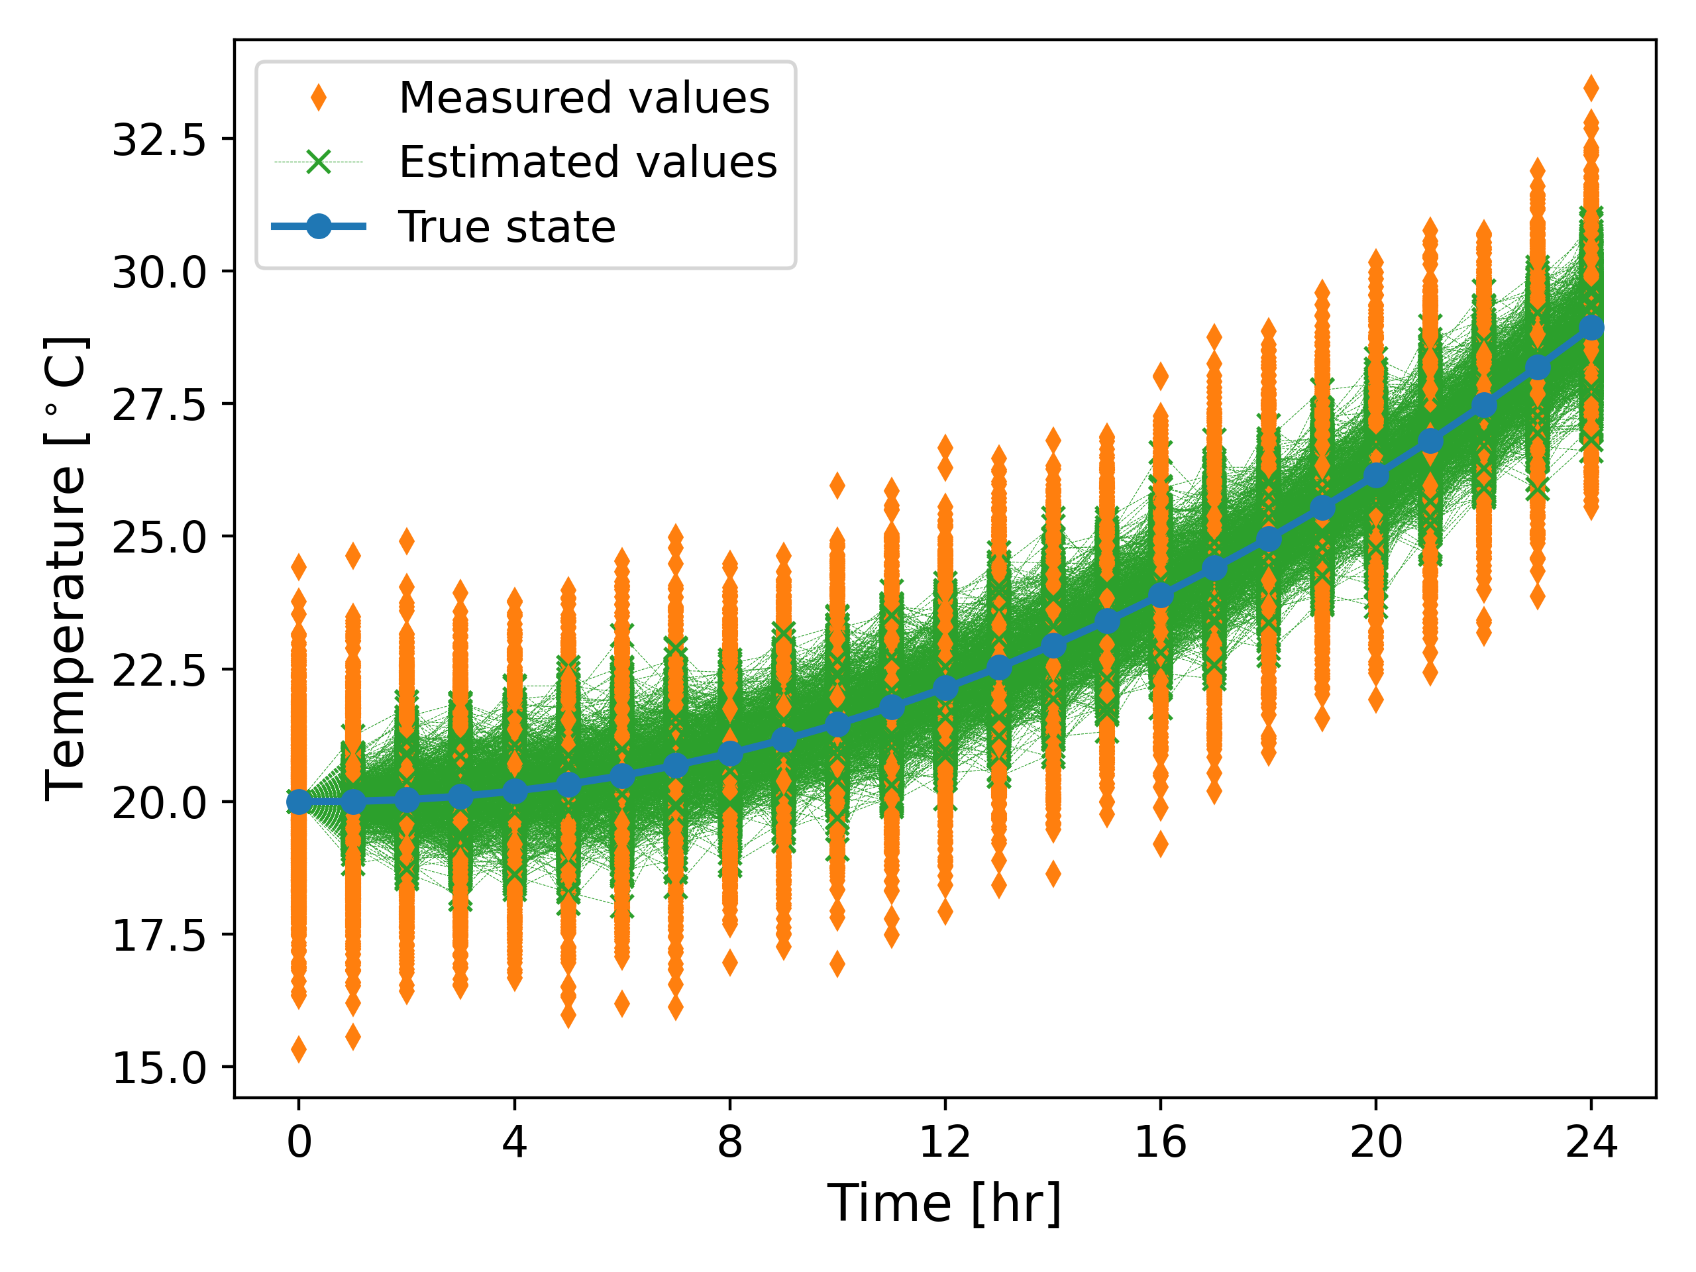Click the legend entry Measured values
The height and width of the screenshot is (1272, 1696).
(x=584, y=98)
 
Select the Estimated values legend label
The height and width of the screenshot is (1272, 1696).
(x=588, y=162)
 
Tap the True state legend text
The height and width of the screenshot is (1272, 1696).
(x=507, y=227)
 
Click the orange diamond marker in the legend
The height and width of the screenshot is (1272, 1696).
(x=318, y=98)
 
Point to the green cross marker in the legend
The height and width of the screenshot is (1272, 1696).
(x=318, y=162)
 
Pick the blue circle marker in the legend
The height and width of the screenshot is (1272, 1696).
(x=318, y=226)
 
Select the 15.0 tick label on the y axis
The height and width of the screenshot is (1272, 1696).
(x=160, y=1068)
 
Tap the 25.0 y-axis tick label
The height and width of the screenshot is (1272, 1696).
(x=160, y=537)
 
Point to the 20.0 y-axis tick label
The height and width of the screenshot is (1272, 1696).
(x=160, y=803)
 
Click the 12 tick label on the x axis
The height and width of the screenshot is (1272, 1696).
(x=945, y=1141)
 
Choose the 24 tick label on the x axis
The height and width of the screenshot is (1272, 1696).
(x=1591, y=1141)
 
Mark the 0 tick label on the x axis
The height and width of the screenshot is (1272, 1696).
(x=299, y=1141)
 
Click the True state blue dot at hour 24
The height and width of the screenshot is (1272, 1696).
(x=1591, y=328)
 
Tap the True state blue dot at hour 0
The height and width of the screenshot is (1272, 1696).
(x=299, y=802)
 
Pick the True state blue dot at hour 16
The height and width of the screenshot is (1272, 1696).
(x=1160, y=595)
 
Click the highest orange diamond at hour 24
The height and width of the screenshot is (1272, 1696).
(x=1591, y=88)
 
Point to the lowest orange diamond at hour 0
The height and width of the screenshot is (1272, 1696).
(x=299, y=1049)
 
